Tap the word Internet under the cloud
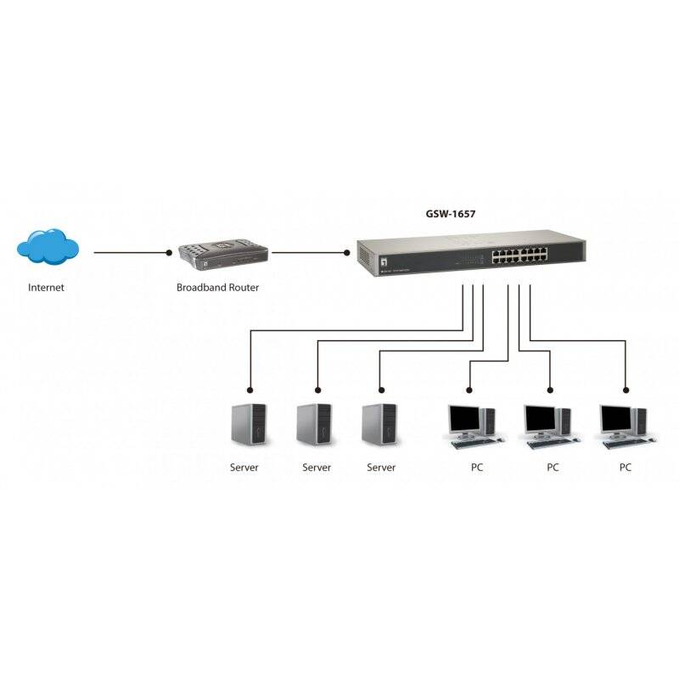pyautogui.click(x=46, y=288)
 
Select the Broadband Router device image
pyautogui.click(x=222, y=254)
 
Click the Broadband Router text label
pyautogui.click(x=217, y=288)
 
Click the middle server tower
pyautogui.click(x=313, y=424)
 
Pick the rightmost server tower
pyautogui.click(x=379, y=424)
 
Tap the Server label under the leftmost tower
pyautogui.click(x=244, y=468)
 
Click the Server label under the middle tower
pyautogui.click(x=317, y=468)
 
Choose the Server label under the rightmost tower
pyautogui.click(x=381, y=468)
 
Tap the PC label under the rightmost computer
pyautogui.click(x=626, y=468)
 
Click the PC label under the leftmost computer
pyautogui.click(x=477, y=468)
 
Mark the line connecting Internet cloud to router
pyautogui.click(x=127, y=252)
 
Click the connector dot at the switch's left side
pyautogui.click(x=347, y=252)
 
